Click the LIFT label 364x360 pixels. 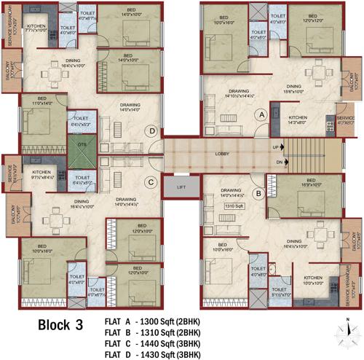coord(181,187)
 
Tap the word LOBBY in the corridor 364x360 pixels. coord(221,154)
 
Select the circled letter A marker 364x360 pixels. coord(259,114)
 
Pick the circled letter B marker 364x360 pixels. coord(258,193)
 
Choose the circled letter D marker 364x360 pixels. coord(151,131)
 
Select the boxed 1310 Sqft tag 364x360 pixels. coord(234,206)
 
